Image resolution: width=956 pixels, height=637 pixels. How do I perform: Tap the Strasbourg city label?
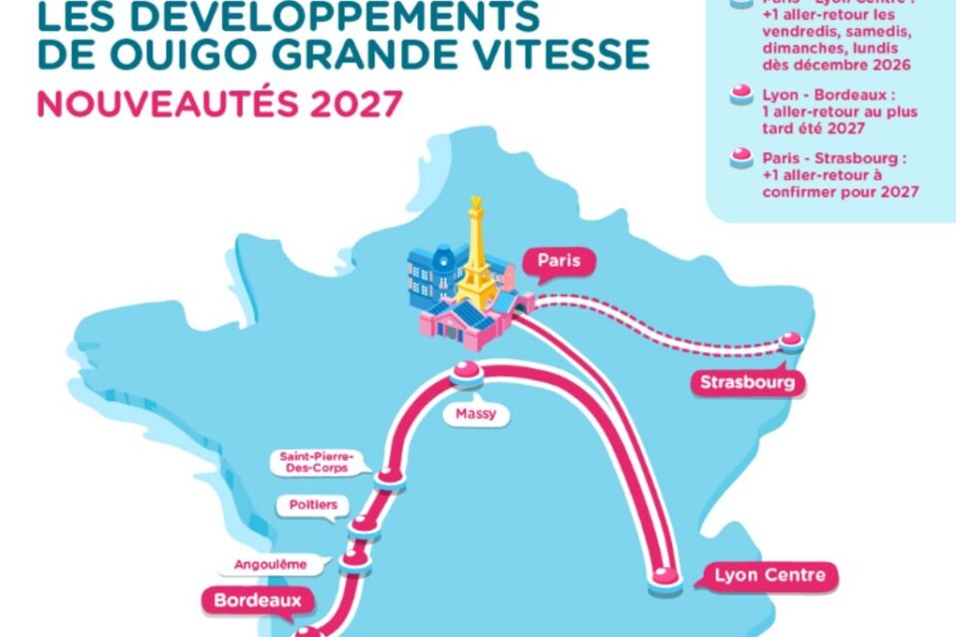pos(748,383)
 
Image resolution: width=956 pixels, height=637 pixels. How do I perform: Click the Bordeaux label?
pos(256,600)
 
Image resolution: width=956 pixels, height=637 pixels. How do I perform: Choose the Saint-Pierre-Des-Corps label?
pos(318,462)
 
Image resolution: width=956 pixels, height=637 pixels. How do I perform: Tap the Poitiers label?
pos(314,506)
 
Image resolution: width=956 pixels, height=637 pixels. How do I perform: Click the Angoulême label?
pos(270,564)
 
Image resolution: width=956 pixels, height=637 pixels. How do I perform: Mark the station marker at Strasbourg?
pos(791,340)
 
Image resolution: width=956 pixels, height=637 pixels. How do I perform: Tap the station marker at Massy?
pos(465,374)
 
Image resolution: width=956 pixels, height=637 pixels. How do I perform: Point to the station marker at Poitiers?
pos(365,525)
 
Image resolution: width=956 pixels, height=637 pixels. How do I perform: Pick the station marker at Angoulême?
pos(354,560)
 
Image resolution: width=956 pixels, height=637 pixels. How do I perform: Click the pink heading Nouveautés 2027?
pos(221,104)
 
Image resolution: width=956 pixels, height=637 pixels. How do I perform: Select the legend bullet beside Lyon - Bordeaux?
pos(740,95)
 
